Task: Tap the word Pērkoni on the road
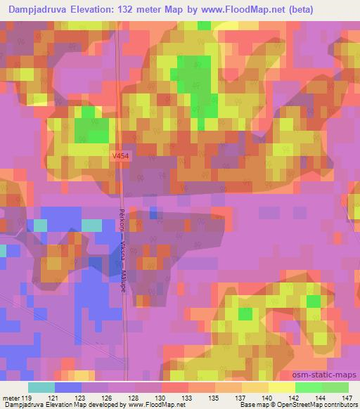point(122,219)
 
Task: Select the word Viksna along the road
point(122,247)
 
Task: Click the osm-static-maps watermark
point(330,377)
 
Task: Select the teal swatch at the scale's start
point(41,387)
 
